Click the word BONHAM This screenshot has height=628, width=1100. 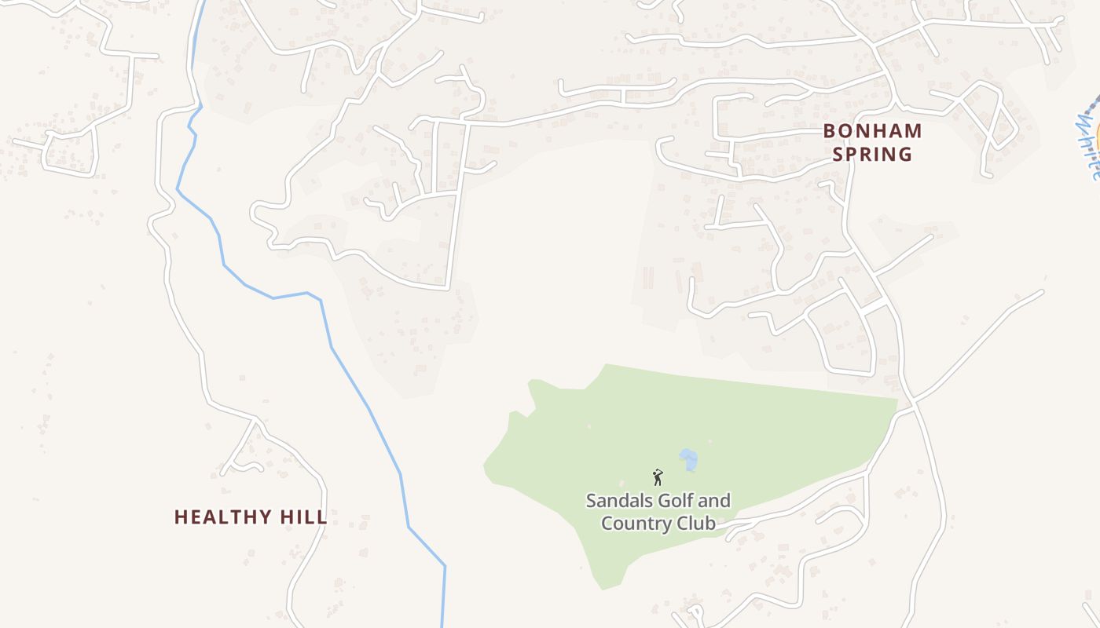point(872,130)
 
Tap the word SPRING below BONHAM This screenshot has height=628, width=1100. point(872,154)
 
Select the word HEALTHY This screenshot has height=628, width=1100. point(218,517)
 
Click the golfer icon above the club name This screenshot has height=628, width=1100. point(658,477)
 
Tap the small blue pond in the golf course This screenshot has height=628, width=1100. point(688,458)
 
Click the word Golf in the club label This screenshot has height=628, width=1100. point(673,501)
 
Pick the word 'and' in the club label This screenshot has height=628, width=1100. point(713,501)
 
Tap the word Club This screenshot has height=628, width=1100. point(697,523)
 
